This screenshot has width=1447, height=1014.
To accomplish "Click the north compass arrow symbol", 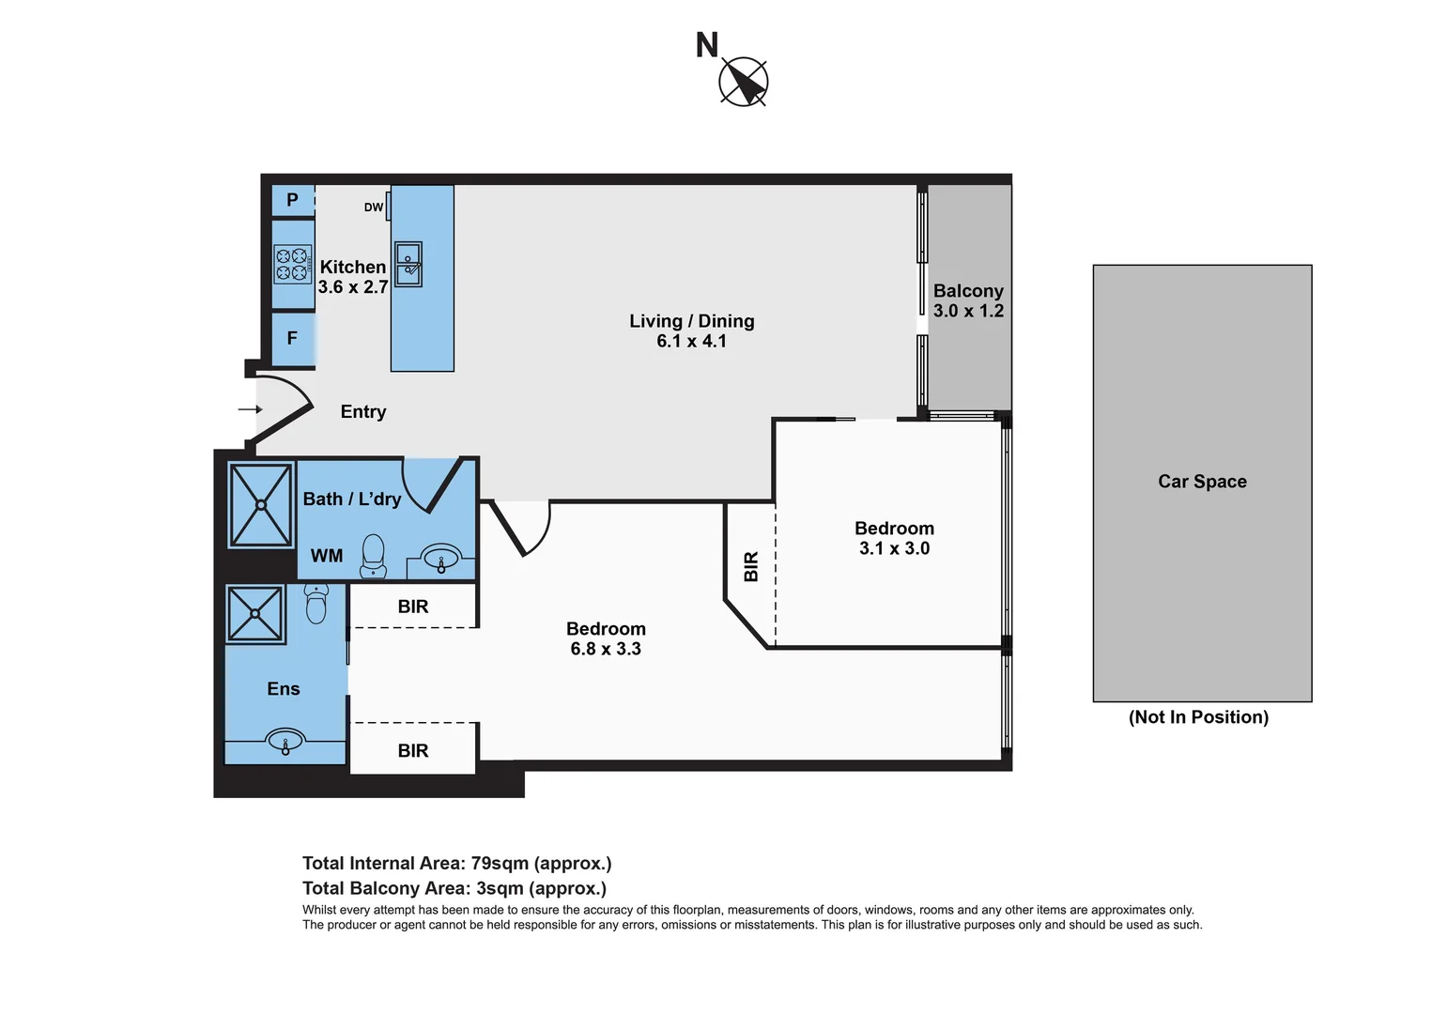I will point(744,82).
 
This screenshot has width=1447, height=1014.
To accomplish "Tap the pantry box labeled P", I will point(292,200).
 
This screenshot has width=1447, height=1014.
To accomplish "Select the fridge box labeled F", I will point(292,338).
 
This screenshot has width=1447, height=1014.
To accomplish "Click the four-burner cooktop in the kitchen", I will point(292,264).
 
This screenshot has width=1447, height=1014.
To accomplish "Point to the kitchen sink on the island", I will point(408,264).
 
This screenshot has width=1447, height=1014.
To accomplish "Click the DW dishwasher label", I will point(374,207).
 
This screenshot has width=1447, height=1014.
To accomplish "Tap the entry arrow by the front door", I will point(249,409).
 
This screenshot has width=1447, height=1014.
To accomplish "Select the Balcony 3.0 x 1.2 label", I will point(968,300).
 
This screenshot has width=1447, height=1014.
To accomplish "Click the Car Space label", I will point(1202,482).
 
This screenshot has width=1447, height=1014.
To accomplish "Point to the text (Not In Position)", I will point(1198,717).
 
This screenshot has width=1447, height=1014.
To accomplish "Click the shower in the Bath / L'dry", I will point(261,505).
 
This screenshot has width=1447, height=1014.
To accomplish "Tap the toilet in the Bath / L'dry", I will point(373,556).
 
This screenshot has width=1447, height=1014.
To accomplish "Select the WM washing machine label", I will point(327,556).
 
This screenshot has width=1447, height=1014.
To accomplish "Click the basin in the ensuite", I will point(285,742).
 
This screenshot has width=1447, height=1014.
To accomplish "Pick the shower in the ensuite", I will point(255,615).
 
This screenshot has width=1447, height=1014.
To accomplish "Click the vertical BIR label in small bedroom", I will point(751,567).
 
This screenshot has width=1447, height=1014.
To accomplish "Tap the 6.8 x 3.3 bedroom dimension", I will point(606,649).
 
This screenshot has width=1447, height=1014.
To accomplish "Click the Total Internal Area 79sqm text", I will point(456,864).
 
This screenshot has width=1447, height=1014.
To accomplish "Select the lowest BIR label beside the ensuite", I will point(413,751).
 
